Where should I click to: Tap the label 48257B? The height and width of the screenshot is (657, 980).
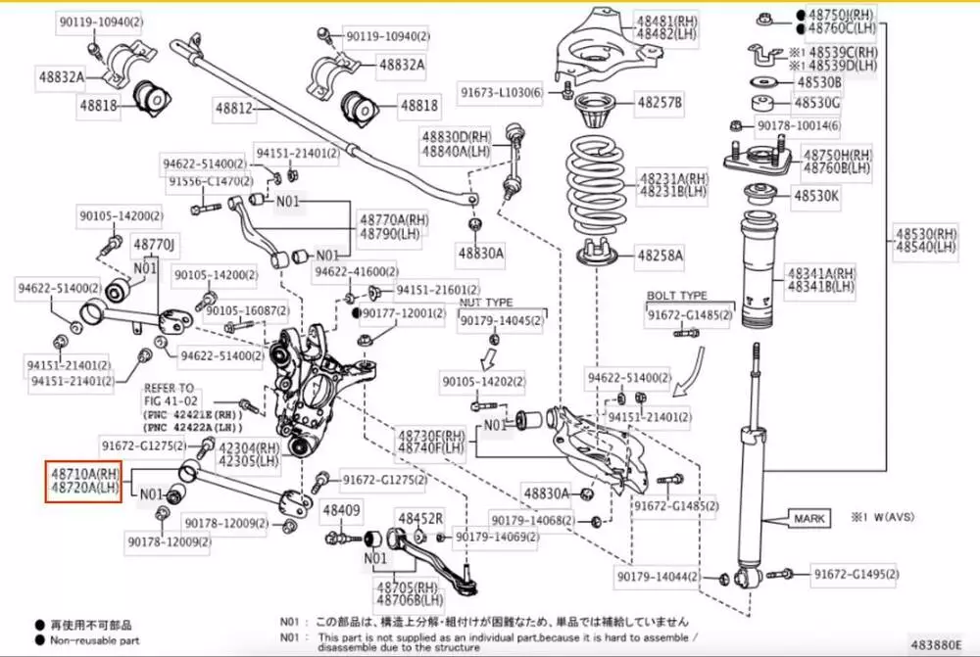(x=661, y=101)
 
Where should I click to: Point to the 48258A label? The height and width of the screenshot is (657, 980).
(x=661, y=256)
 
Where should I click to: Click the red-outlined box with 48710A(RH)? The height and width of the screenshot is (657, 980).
(x=83, y=481)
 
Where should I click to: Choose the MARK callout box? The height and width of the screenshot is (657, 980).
(x=809, y=518)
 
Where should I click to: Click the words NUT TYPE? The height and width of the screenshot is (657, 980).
(x=486, y=304)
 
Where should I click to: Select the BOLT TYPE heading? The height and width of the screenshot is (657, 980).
(x=676, y=295)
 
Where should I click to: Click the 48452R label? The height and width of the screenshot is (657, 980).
(x=420, y=517)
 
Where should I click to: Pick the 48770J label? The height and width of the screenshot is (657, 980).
(x=154, y=243)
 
